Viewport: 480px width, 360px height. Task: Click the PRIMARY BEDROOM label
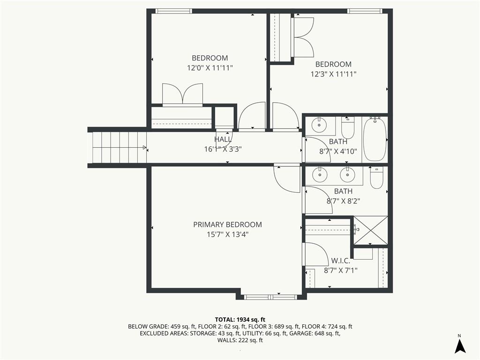pyautogui.click(x=227, y=225)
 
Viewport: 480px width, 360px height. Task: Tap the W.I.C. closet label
pyautogui.click(x=341, y=261)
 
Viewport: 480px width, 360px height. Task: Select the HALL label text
pyautogui.click(x=223, y=139)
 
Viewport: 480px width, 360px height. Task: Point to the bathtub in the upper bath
pyautogui.click(x=375, y=139)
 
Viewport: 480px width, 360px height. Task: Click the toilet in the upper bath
pyautogui.click(x=347, y=127)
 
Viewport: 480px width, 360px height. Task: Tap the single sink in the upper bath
pyautogui.click(x=319, y=125)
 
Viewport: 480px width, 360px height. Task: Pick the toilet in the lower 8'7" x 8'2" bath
pyautogui.click(x=376, y=178)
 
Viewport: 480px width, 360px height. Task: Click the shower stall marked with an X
pyautogui.click(x=371, y=231)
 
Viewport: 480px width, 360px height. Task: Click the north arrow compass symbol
pyautogui.click(x=460, y=345)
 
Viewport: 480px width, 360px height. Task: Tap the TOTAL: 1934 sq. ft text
pyautogui.click(x=240, y=320)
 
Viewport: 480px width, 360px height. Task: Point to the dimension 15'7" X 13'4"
pyautogui.click(x=227, y=234)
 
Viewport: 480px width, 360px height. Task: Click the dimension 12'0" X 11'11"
pyautogui.click(x=210, y=67)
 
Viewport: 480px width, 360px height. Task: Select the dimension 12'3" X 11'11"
pyautogui.click(x=333, y=74)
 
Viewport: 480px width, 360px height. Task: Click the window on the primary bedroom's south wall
pyautogui.click(x=270, y=297)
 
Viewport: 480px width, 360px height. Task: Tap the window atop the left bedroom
pyautogui.click(x=174, y=11)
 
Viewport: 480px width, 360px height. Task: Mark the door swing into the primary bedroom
pyautogui.click(x=287, y=180)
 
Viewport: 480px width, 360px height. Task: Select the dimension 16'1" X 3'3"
pyautogui.click(x=223, y=149)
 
